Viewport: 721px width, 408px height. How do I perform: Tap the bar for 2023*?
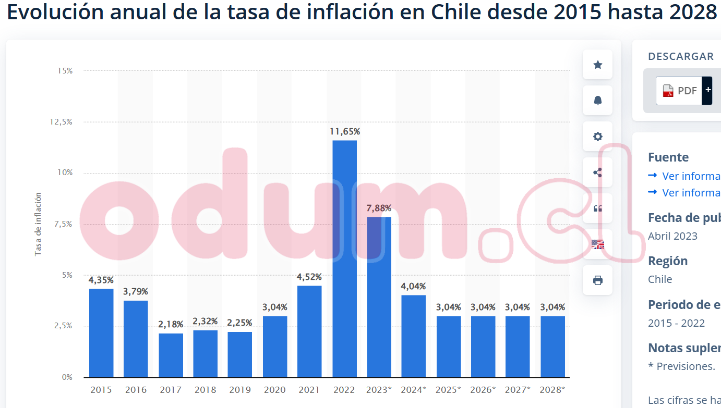[x=379, y=297]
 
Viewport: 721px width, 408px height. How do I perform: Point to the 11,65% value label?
[x=345, y=131]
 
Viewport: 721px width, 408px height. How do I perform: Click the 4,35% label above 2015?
[x=101, y=280]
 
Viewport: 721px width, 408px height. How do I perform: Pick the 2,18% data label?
[x=171, y=324]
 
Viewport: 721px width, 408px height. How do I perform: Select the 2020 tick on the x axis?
[x=275, y=390]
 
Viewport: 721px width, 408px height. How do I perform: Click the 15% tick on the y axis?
[x=65, y=70]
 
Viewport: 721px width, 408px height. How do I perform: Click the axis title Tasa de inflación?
[x=38, y=225]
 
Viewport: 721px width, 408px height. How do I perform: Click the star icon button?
[x=598, y=65]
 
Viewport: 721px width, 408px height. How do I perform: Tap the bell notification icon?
[x=598, y=101]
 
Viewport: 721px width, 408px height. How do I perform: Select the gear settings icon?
[x=598, y=137]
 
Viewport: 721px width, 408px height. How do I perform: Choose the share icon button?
[x=598, y=172]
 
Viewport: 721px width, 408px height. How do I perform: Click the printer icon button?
[x=598, y=280]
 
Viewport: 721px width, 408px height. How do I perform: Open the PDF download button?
[x=680, y=91]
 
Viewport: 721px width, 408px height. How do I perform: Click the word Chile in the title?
[x=453, y=13]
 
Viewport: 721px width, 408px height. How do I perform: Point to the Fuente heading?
[x=668, y=157]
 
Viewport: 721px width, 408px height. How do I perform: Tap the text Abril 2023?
[x=672, y=236]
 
